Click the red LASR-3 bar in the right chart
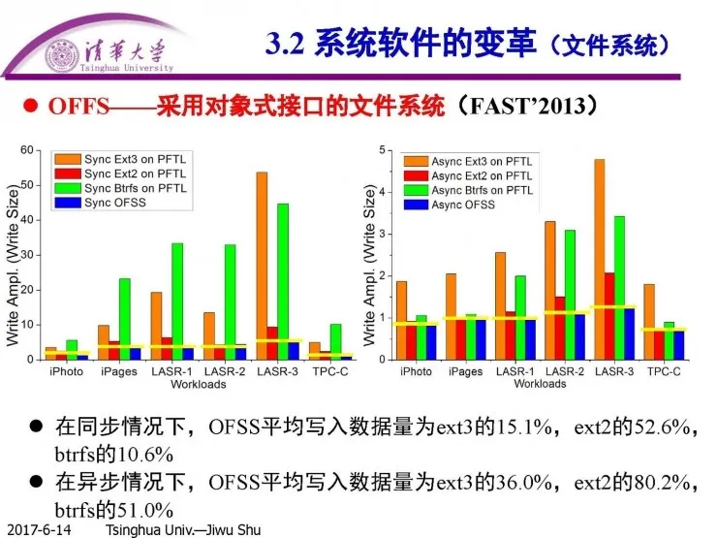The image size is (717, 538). pos(609,315)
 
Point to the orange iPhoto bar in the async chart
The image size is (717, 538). pos(401,320)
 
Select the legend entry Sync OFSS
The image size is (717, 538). pos(117,204)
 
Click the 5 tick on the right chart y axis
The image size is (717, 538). pos(383,150)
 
